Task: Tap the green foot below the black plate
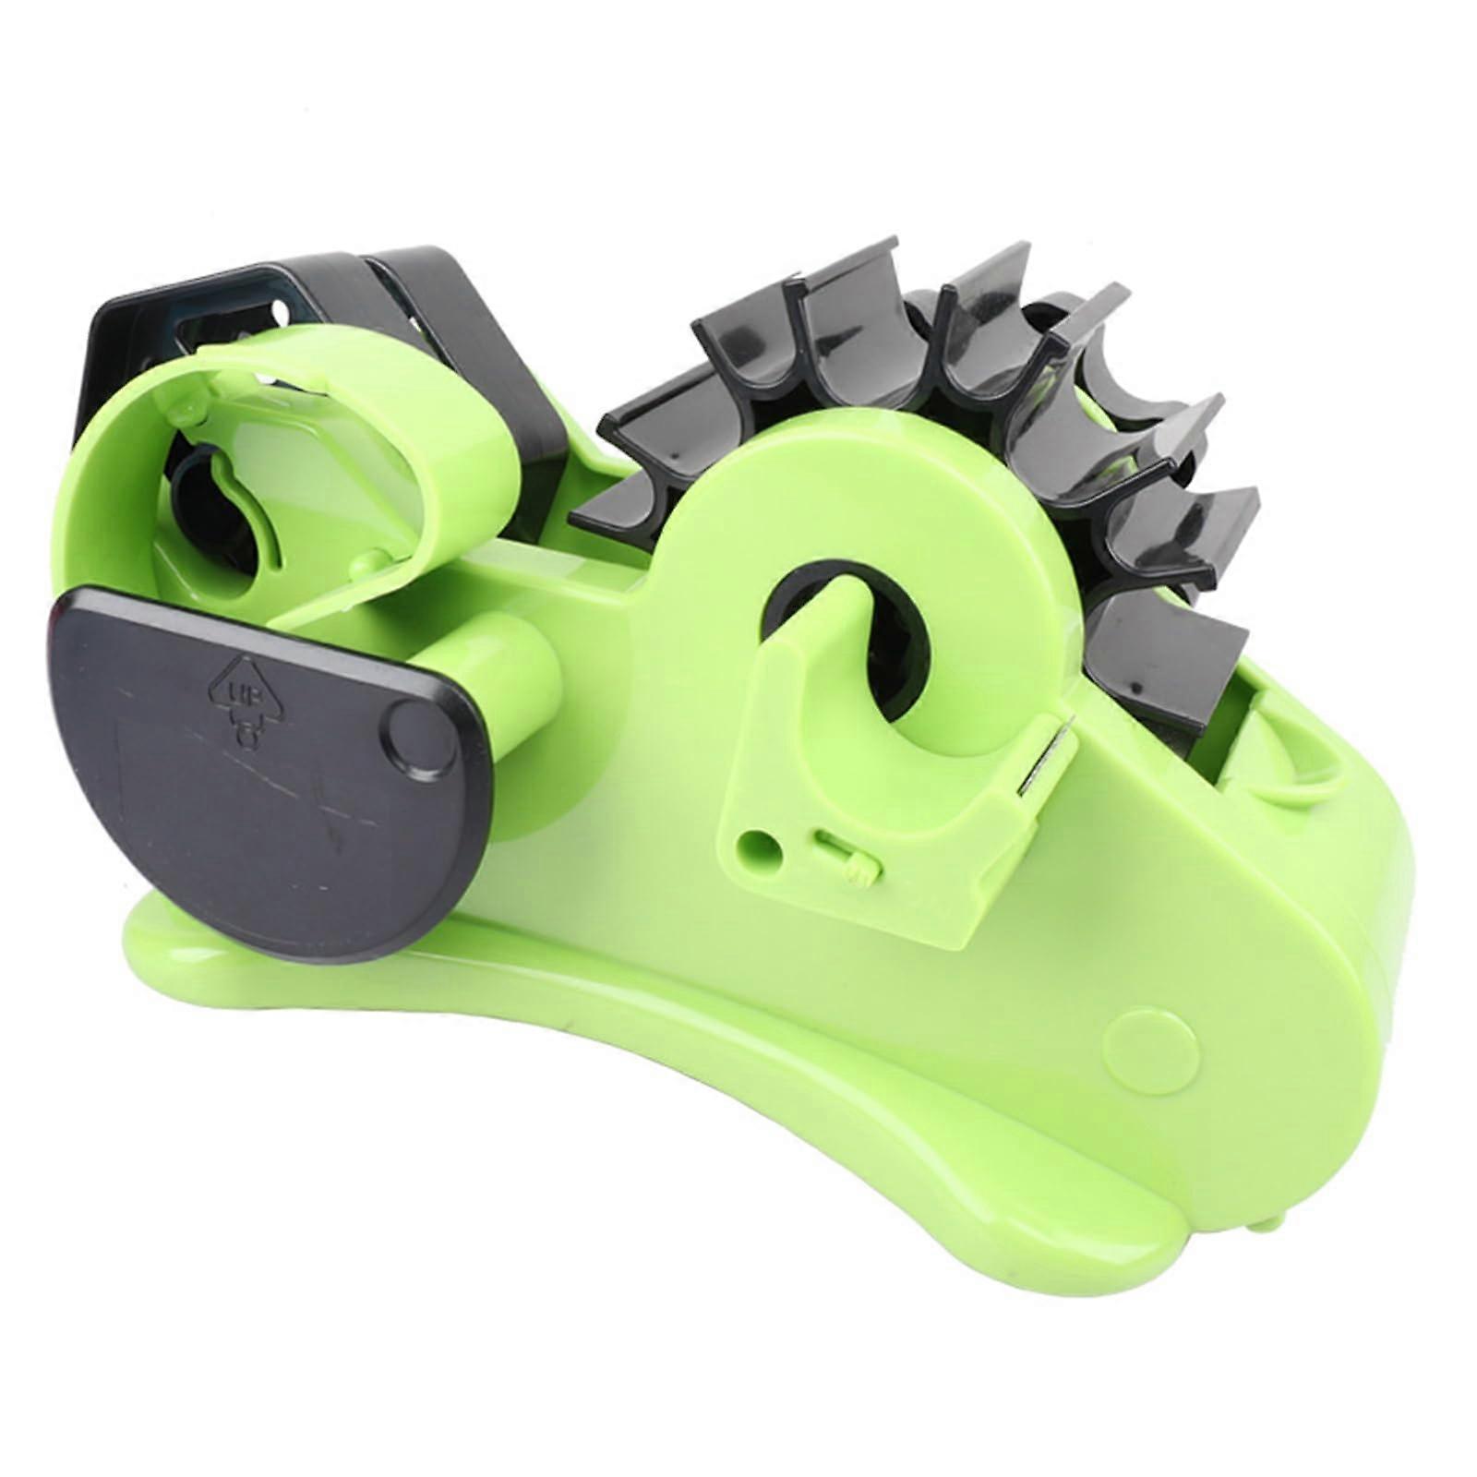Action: [185, 932]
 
